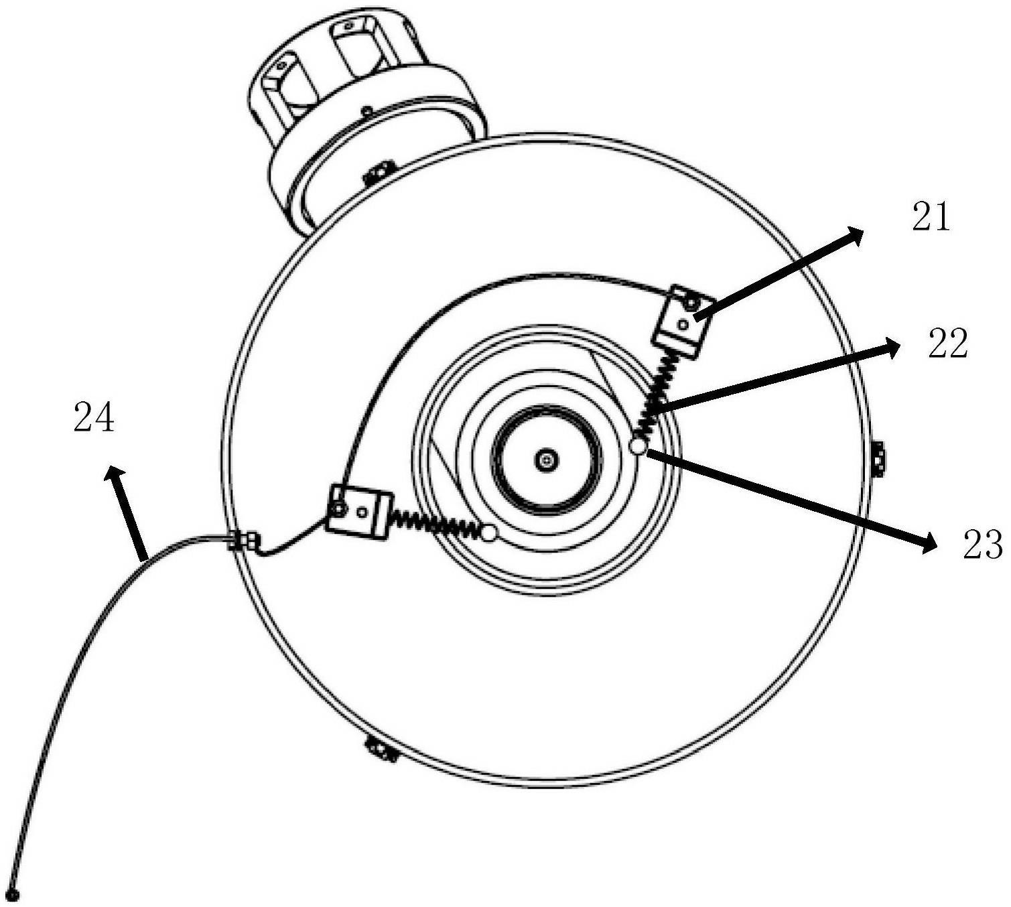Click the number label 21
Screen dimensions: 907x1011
(931, 218)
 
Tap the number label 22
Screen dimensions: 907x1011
(947, 344)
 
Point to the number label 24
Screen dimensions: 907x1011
(94, 419)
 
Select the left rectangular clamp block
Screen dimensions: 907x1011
(359, 511)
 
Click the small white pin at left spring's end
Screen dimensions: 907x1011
(489, 533)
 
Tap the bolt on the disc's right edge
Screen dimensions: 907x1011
(879, 460)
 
